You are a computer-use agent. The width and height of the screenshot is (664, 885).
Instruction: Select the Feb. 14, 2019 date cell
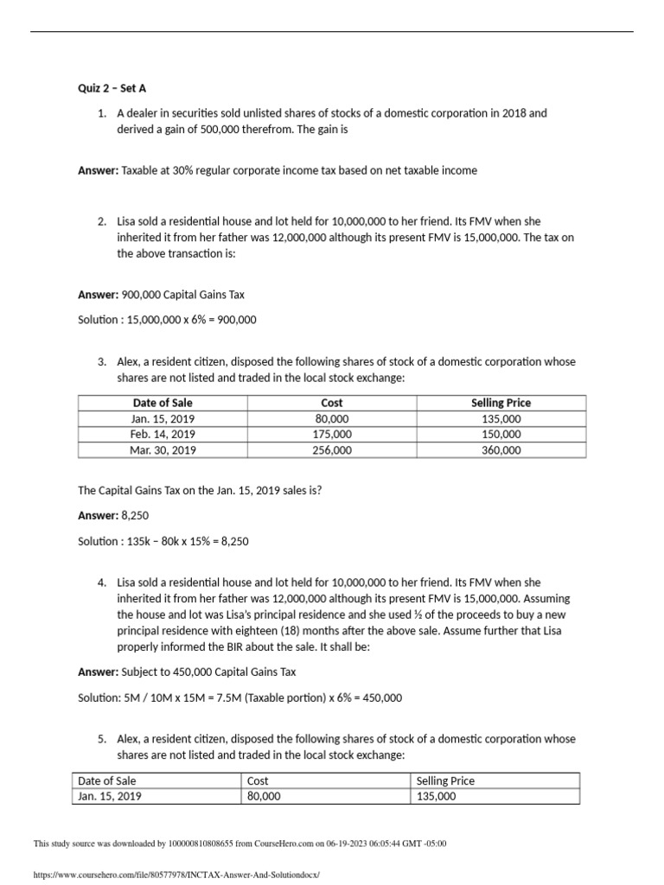coord(163,435)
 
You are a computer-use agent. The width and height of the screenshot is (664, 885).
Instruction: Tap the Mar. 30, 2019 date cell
coord(163,450)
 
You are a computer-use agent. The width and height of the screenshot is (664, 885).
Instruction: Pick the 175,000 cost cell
coord(332,435)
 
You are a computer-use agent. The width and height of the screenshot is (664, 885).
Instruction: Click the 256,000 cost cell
coord(332,450)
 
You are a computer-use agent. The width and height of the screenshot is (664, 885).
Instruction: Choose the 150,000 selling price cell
coord(501,435)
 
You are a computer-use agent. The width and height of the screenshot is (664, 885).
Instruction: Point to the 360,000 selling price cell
coord(501,450)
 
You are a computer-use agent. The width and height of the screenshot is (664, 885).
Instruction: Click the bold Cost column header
coord(332,403)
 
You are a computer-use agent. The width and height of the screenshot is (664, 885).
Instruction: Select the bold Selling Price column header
coord(501,403)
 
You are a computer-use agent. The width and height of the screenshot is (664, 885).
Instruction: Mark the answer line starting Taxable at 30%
coord(299,170)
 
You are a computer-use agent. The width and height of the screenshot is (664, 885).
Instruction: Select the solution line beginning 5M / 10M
coord(239,697)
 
